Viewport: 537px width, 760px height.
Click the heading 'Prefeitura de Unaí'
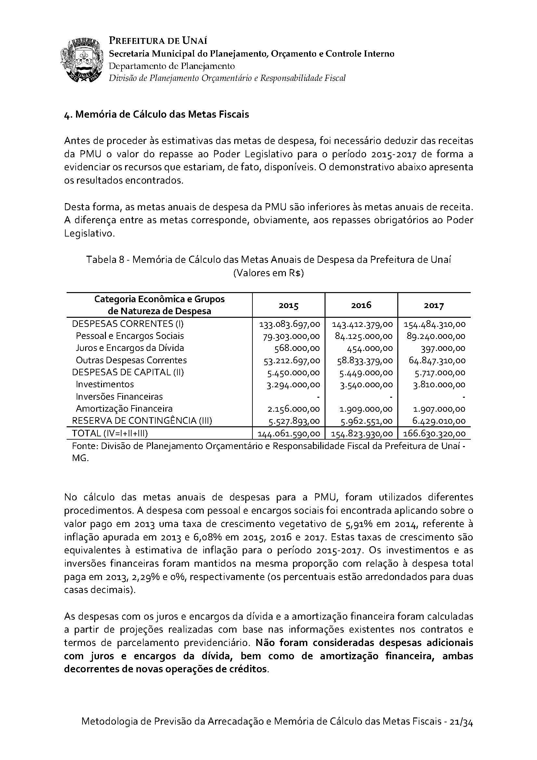pos(158,41)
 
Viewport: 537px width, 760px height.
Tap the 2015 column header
pos(288,305)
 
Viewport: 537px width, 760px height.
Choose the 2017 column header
pos(434,305)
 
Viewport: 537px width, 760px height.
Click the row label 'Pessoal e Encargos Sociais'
pos(130,336)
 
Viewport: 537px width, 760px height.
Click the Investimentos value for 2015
pos(293,385)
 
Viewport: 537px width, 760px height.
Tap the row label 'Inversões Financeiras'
pos(119,396)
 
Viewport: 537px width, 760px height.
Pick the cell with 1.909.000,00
pos(366,409)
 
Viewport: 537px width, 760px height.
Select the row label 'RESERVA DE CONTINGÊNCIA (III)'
pos(142,421)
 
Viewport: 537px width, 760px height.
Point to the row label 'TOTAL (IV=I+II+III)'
pos(110,433)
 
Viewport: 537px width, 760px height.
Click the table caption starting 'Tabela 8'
pos(268,260)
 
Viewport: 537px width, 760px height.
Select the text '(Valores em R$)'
pos(268,274)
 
